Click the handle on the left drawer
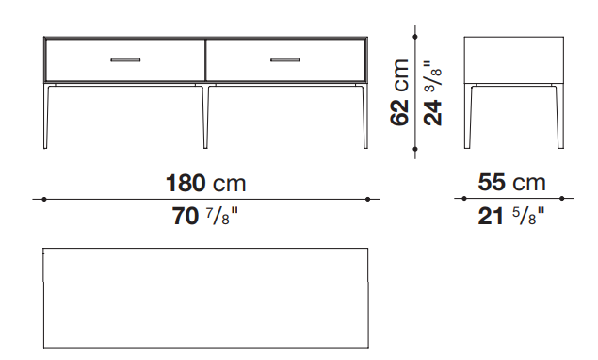click(125, 60)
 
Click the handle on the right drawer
click(285, 60)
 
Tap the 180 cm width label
click(206, 183)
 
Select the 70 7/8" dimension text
click(205, 216)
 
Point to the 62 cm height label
click(399, 92)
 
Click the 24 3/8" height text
click(433, 92)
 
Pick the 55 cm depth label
click(511, 182)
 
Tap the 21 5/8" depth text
click(511, 216)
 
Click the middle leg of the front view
click(205, 116)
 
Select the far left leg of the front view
click(45, 116)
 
